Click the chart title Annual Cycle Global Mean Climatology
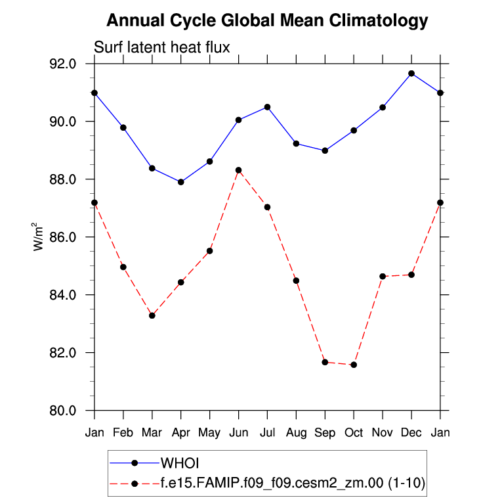pos(266,20)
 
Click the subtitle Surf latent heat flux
pos(161,47)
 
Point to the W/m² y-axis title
pos(37,237)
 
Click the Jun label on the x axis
pos(238,432)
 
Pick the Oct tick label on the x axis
pos(354,432)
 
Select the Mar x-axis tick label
pos(152,432)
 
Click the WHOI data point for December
pos(411,73)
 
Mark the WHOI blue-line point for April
pos(181,182)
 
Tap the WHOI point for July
pos(267,107)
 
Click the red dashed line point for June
pos(238,170)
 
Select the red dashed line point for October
pos(354,365)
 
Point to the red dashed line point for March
pos(152,315)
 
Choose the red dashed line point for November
pos(383,277)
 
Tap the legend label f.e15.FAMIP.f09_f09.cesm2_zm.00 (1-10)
pos(293,484)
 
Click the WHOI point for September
pos(325,150)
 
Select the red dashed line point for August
pos(296,281)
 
